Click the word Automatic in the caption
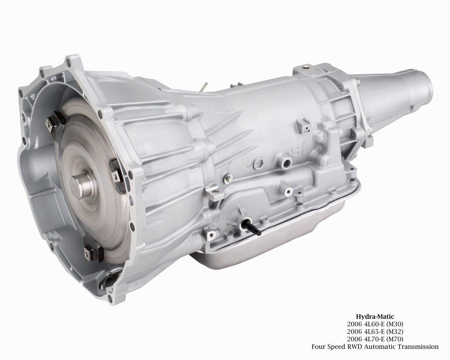pos(380,346)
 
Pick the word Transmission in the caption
pos(418,346)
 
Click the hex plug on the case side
pos(258,163)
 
